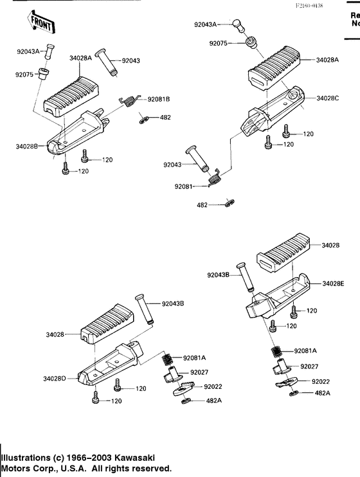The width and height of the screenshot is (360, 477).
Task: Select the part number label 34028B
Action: click(27, 147)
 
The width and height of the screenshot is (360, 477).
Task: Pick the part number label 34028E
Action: click(334, 283)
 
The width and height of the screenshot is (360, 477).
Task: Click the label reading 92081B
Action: click(158, 100)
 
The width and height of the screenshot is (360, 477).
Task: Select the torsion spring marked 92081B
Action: click(130, 100)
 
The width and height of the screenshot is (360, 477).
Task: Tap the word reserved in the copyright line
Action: click(148, 468)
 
